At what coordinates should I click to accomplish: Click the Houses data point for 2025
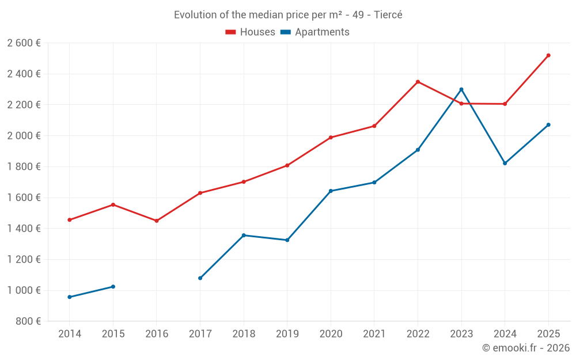coord(548,55)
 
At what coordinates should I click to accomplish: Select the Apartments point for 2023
coord(461,89)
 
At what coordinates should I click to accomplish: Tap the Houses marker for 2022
coord(418,82)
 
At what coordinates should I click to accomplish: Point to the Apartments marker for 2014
coord(70,297)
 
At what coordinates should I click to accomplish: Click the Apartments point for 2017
coord(200,278)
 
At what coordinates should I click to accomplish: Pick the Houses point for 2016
coord(157,221)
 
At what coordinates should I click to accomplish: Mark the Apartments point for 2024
coord(505,163)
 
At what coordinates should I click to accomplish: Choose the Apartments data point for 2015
coord(113,287)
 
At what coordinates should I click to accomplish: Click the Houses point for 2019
coord(287,165)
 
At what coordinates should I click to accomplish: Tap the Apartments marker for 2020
coord(331,191)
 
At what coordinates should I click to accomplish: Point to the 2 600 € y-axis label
coord(24,43)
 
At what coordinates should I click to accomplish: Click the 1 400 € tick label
coord(24,228)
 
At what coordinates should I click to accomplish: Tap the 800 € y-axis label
coord(29,321)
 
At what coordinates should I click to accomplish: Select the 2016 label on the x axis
coord(157,334)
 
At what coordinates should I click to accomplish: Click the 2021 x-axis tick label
coord(374,334)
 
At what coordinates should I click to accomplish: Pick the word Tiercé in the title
coord(388,15)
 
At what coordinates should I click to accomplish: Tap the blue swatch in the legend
coord(285,32)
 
